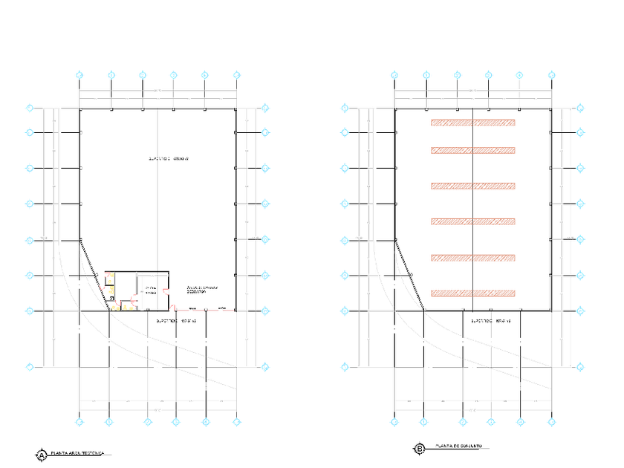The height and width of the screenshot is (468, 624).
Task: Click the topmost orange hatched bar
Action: (x=472, y=122)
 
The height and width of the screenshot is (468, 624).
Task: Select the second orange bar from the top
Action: (x=472, y=151)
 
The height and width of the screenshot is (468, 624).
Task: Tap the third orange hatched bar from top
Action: (x=472, y=186)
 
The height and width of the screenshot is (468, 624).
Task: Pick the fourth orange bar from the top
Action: (x=472, y=221)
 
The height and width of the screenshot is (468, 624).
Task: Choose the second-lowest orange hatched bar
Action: (x=472, y=259)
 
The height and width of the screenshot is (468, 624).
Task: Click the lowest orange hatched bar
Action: (x=472, y=293)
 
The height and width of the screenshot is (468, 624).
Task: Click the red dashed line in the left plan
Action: (x=206, y=311)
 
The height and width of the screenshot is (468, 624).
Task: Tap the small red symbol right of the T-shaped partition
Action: (x=167, y=290)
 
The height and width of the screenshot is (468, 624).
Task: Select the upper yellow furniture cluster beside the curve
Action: (x=109, y=281)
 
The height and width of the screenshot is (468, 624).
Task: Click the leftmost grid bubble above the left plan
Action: (x=79, y=74)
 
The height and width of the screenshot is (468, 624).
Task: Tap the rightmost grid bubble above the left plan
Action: (x=236, y=74)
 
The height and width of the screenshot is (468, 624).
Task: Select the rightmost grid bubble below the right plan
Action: (x=551, y=422)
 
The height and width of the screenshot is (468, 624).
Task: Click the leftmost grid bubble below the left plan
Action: (x=79, y=422)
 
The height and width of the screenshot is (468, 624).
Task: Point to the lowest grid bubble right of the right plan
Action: (x=580, y=366)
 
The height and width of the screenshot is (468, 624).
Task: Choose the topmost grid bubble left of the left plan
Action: (x=30, y=108)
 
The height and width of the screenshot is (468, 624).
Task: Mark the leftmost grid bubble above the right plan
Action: (x=394, y=74)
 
